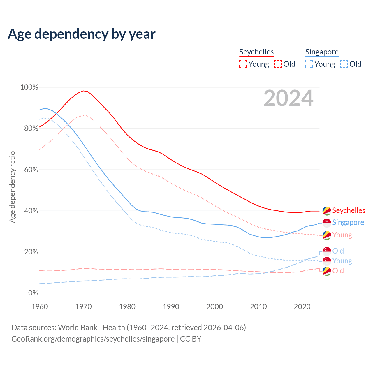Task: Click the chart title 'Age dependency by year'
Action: (82, 34)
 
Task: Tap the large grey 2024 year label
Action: (288, 98)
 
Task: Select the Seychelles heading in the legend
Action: (256, 52)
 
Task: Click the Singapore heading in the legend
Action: (322, 52)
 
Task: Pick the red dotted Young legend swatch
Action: (243, 64)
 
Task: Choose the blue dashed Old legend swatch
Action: (344, 64)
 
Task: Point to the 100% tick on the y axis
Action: (29, 87)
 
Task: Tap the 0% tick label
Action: (33, 293)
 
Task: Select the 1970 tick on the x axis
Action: (83, 307)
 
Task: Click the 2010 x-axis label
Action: (258, 307)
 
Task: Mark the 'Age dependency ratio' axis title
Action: (12, 187)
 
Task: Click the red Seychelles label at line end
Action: (349, 210)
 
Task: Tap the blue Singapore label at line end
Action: (348, 222)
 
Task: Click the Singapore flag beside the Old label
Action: (327, 251)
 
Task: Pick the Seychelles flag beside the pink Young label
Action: (327, 235)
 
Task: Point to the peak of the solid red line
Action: (83, 91)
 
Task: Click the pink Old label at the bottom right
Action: (338, 271)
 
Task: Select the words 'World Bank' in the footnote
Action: (78, 328)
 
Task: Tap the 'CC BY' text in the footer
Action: (191, 339)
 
